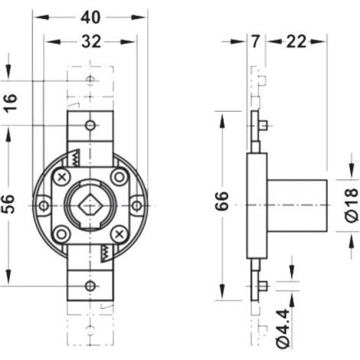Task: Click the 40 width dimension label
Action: click(90, 18)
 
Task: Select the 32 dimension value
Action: click(91, 41)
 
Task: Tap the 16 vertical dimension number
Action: click(11, 102)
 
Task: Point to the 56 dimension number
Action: click(8, 204)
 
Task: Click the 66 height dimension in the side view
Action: click(221, 201)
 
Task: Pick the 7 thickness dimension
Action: click(255, 41)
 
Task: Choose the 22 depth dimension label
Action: click(296, 41)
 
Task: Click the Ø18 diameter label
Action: click(351, 205)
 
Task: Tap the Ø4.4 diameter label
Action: click(283, 328)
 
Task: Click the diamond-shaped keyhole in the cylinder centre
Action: click(90, 206)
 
